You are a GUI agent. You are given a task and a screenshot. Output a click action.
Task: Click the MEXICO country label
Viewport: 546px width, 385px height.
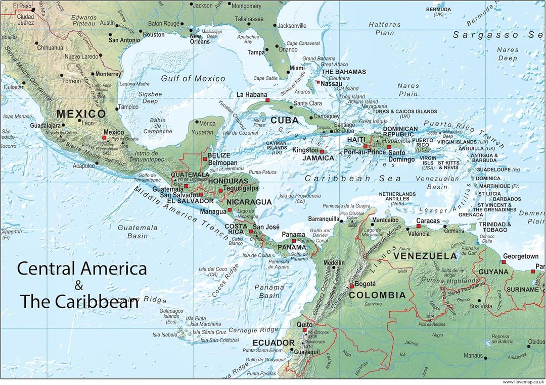point(81,114)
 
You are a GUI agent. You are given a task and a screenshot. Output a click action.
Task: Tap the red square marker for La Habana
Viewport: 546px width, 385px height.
point(267,100)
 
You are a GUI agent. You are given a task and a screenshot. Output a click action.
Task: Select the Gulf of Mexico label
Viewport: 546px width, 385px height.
point(193,78)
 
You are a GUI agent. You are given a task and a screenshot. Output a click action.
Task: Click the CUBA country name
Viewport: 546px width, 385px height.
point(284,120)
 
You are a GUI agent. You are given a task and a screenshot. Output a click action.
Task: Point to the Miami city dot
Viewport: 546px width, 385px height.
point(288,72)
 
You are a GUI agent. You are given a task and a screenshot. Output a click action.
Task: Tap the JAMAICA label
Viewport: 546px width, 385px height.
point(318,158)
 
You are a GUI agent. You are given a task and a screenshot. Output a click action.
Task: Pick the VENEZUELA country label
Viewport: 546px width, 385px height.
point(425,256)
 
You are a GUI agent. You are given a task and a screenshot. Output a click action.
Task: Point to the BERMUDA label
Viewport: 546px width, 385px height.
point(438,9)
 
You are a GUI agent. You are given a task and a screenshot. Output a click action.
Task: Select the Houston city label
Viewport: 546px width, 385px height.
point(154,35)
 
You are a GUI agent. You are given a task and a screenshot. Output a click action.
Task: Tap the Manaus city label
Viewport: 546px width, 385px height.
point(473,355)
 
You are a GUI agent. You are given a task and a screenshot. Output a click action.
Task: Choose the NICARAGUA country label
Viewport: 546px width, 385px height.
point(249,202)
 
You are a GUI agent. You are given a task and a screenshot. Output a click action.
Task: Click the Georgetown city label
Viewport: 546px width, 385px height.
point(520,256)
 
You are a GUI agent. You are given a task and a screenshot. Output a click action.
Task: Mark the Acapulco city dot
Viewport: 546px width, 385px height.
point(96,165)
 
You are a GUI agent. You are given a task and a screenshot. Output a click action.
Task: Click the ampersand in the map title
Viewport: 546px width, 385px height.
point(78,286)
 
